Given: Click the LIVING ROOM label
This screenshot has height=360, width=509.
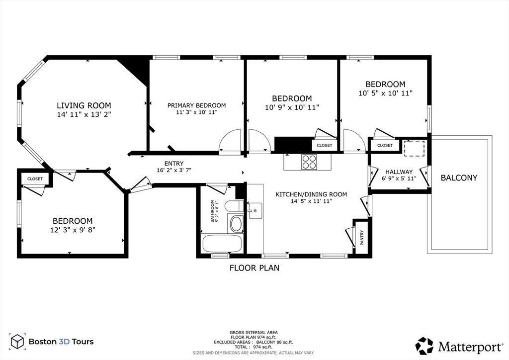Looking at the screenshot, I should pos(84,105).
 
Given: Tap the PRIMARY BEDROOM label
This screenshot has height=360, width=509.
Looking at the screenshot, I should pos(196,105).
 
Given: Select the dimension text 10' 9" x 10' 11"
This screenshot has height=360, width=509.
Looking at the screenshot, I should pos(292,107).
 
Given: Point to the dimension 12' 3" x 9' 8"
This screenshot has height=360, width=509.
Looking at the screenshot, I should pos(73,230).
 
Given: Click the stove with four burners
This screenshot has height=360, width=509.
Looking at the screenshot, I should pos(309,162).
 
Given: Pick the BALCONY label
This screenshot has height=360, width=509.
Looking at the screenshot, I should pos(459,178).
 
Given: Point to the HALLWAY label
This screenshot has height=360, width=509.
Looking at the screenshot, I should pos(399,172).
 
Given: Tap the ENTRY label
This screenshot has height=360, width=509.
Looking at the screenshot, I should pos(174,164).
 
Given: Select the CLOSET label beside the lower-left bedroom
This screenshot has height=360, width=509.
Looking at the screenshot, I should pos(35,179).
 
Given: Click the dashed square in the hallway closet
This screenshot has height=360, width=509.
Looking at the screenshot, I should pos(414,149).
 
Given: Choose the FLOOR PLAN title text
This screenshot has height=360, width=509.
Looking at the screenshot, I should pos(254,268).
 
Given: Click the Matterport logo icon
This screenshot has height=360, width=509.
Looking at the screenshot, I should pos(424,345).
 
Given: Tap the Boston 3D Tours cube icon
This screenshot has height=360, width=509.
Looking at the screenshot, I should pos(17,341).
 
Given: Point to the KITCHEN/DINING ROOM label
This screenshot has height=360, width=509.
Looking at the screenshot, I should pos(311,194).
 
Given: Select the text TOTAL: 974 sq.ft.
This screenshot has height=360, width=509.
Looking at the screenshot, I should pos(254,347).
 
